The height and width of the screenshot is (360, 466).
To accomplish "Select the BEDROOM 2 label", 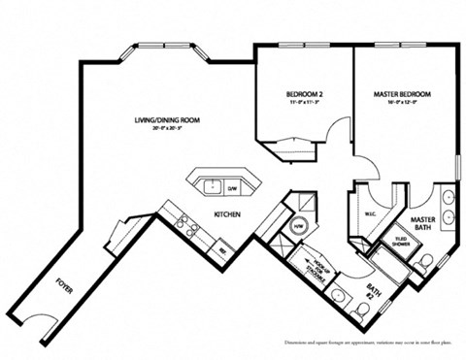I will tap(303, 94).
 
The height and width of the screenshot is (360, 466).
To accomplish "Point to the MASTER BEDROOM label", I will tap(402, 94).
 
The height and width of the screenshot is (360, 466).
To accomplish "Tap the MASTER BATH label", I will tap(422, 223).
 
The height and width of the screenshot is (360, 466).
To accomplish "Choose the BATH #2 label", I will tap(375, 291).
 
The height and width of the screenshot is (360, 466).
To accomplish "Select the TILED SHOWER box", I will tap(400, 242).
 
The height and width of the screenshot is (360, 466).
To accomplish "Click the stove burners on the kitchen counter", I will tap(186, 228).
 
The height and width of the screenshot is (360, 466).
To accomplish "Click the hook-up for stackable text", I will tap(313, 263).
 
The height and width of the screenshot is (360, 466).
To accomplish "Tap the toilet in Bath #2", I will tap(360, 310).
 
